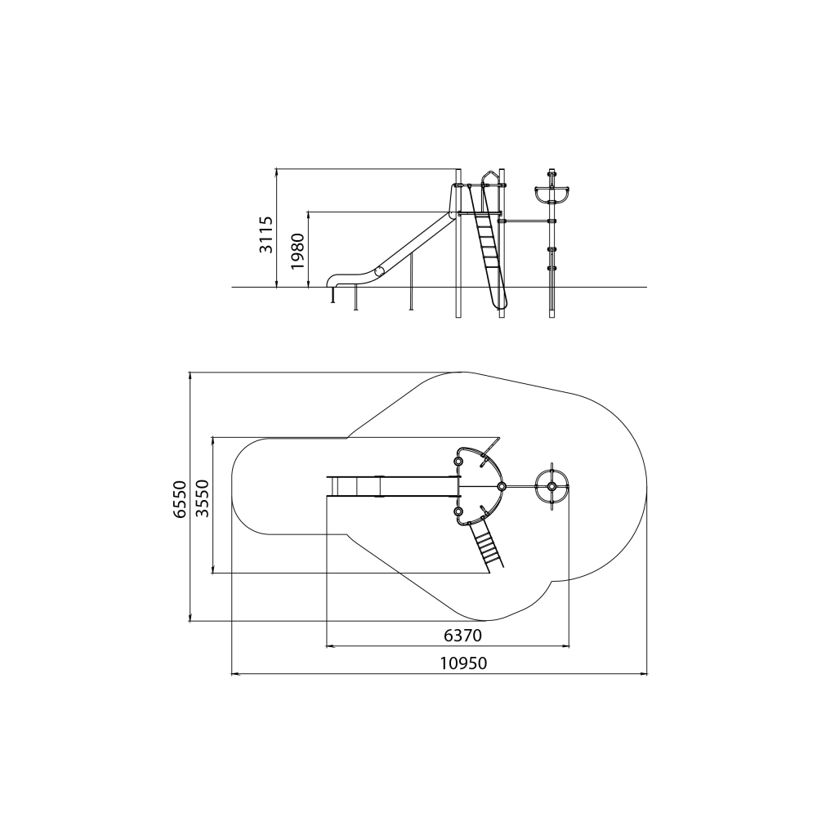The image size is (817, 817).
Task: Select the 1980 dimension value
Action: [x=297, y=251]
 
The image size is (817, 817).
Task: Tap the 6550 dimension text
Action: [x=180, y=499]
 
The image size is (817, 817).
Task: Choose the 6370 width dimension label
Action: [x=462, y=636]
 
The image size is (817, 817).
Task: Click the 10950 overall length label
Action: [x=463, y=663]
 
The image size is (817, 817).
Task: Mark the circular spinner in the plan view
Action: [x=551, y=487]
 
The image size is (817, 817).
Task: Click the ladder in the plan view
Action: [x=487, y=544]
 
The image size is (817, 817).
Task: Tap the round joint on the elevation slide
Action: [x=380, y=271]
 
